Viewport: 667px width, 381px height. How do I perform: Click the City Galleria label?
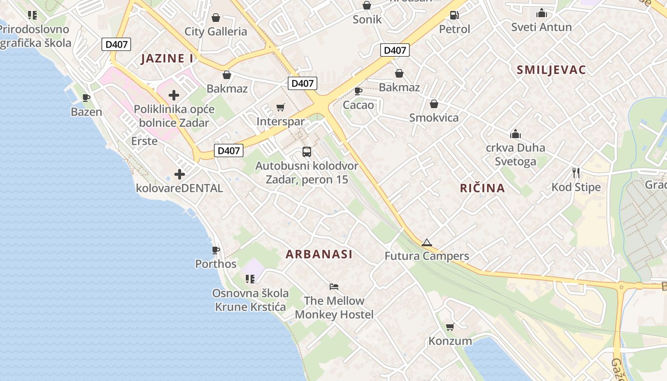[x=216, y=31]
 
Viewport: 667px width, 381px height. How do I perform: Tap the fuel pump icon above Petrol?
[x=455, y=15]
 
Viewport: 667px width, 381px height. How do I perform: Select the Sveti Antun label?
[x=541, y=27]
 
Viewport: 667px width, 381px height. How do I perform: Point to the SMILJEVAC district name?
[x=551, y=70]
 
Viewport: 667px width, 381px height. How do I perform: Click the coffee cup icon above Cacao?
[x=358, y=90]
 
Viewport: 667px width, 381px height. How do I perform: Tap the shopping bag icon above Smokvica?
[x=434, y=104]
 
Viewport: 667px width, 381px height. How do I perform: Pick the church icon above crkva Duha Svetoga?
[x=515, y=134]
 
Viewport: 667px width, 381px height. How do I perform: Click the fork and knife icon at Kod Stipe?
[x=576, y=172]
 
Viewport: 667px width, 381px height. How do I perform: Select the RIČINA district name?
[x=482, y=188]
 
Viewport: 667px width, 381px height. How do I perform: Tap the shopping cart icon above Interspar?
[x=281, y=108]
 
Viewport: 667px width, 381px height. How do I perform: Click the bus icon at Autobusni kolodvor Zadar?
[x=307, y=152]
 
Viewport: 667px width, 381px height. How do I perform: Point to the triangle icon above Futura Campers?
[x=426, y=242]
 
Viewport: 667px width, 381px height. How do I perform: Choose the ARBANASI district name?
[x=319, y=254]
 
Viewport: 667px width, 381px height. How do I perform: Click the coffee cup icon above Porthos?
[x=216, y=250]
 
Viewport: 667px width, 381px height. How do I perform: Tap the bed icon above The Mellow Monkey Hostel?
[x=334, y=287]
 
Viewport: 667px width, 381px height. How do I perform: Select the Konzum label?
[x=450, y=341]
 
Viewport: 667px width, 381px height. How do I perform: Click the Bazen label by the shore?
[x=86, y=112]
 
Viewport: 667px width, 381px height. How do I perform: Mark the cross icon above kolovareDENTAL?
[x=179, y=174]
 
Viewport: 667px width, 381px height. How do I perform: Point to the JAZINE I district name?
[x=167, y=59]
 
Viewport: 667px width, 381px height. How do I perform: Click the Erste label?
[x=144, y=141]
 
